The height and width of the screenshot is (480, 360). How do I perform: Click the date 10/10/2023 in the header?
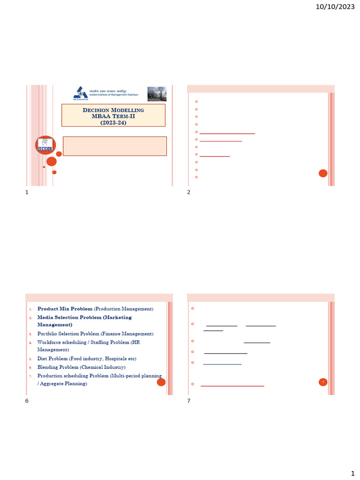click(335, 7)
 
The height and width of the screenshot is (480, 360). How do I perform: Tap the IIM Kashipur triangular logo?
click(80, 93)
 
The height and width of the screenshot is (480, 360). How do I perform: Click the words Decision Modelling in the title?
click(113, 110)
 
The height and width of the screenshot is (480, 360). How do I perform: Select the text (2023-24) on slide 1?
click(113, 122)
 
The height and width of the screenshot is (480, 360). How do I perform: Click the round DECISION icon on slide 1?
click(45, 145)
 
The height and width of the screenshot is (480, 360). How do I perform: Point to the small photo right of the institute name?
click(157, 94)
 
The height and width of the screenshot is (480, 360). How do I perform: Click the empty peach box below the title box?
click(114, 146)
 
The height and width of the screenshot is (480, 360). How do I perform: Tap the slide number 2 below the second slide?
click(188, 192)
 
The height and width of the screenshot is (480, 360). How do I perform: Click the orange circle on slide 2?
click(323, 173)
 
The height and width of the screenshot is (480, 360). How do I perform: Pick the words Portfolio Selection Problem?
click(65, 334)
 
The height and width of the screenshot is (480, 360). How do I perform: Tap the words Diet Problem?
click(52, 359)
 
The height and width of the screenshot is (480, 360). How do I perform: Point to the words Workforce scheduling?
click(60, 342)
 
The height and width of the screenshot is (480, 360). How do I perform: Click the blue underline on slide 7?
click(222, 364)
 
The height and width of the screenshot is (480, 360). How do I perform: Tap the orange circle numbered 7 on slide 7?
click(323, 382)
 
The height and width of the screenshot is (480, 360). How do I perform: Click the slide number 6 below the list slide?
click(27, 401)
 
